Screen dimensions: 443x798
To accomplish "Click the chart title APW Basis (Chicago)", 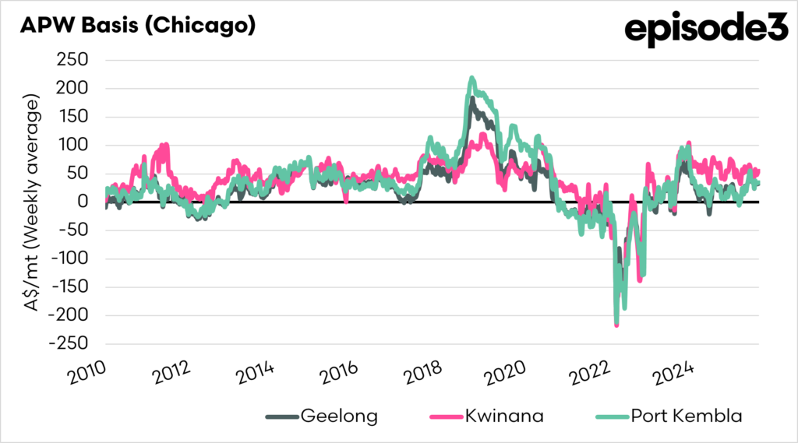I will pos(137,25).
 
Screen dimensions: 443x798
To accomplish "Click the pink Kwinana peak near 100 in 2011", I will pos(164,146).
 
